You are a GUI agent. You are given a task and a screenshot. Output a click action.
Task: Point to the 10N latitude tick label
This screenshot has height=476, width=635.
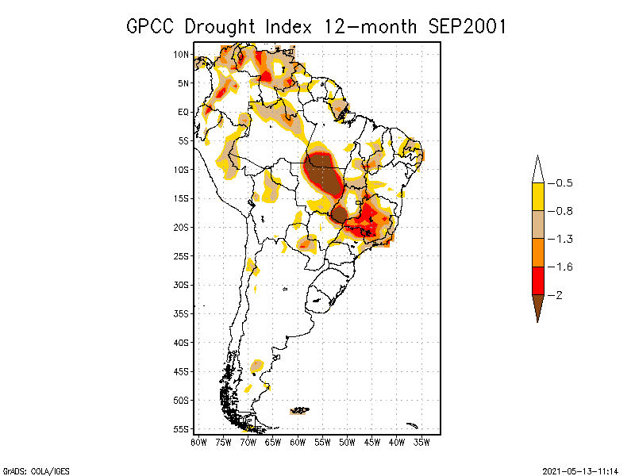click(182, 55)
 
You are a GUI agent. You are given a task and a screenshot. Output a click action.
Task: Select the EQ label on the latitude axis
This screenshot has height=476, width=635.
click(183, 112)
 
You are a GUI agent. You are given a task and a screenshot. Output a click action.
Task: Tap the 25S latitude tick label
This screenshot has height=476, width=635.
click(182, 255)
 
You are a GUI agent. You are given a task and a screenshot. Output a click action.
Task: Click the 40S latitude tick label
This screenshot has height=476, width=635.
click(182, 342)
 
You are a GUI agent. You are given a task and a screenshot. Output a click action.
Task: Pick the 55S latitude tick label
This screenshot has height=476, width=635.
click(182, 428)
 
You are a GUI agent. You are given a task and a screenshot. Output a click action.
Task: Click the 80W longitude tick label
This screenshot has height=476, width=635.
click(198, 442)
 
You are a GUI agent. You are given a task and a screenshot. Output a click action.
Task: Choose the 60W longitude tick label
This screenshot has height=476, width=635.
click(298, 442)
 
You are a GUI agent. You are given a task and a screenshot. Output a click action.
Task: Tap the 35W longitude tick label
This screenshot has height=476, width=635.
click(421, 442)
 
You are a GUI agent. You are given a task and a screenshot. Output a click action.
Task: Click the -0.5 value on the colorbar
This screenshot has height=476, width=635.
click(564, 182)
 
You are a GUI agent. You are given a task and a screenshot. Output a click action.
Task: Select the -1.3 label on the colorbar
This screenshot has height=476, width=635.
click(564, 239)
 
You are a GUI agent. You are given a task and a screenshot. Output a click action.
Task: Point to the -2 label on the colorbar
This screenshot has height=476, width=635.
click(560, 295)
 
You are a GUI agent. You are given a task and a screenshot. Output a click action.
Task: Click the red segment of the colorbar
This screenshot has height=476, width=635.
click(537, 281)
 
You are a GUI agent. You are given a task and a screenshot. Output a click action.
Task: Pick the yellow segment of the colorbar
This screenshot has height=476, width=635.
click(537, 197)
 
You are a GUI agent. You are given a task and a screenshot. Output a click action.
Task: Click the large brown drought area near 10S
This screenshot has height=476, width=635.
click(324, 176)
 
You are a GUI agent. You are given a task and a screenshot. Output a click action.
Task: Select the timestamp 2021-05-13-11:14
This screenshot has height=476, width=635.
click(579, 470)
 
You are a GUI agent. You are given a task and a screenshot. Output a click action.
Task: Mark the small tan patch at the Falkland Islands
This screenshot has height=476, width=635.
click(299, 410)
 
